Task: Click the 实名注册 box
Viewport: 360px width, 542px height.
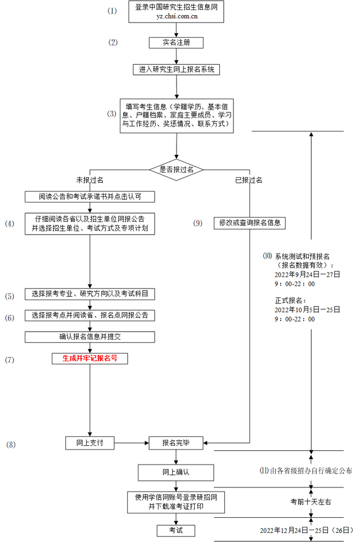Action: click(x=177, y=43)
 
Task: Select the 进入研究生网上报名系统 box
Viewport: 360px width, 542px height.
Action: click(x=177, y=70)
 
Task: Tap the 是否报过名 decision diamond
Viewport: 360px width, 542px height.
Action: click(x=177, y=169)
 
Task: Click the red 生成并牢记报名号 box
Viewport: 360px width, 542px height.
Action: click(x=90, y=358)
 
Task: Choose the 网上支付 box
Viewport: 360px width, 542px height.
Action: click(x=89, y=442)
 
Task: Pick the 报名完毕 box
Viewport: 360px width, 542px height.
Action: click(x=176, y=442)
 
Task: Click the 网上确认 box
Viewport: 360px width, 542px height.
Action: click(x=176, y=472)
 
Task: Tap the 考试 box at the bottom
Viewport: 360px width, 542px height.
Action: click(x=176, y=530)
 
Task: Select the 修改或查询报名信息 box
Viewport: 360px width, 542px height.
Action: click(x=249, y=223)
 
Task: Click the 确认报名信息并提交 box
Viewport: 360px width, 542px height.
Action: click(x=90, y=337)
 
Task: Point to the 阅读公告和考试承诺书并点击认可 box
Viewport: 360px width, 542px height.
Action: click(x=90, y=196)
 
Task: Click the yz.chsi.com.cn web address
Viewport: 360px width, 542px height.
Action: click(x=177, y=17)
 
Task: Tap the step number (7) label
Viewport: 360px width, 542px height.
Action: click(x=10, y=359)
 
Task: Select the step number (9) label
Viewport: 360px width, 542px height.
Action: click(x=197, y=223)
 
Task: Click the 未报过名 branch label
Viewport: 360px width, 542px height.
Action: click(x=90, y=180)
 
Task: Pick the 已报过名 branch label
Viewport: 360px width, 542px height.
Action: click(x=249, y=180)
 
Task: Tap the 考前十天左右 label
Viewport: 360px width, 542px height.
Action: click(x=310, y=501)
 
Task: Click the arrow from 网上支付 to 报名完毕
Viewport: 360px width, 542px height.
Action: click(x=131, y=442)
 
